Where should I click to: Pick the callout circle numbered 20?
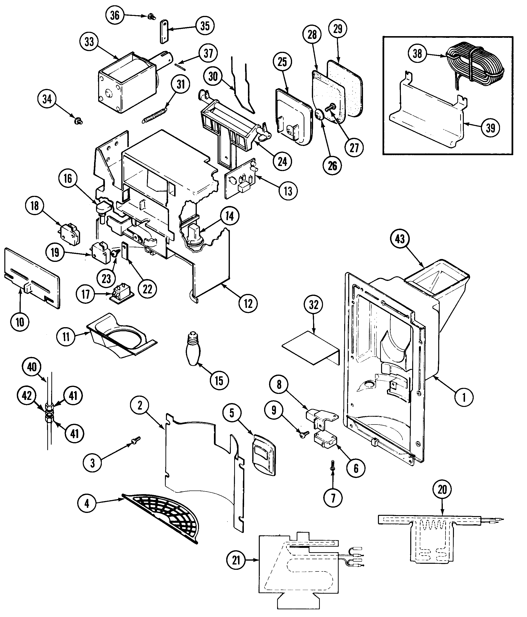pos(442,489)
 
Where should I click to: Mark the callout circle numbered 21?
pos(236,560)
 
